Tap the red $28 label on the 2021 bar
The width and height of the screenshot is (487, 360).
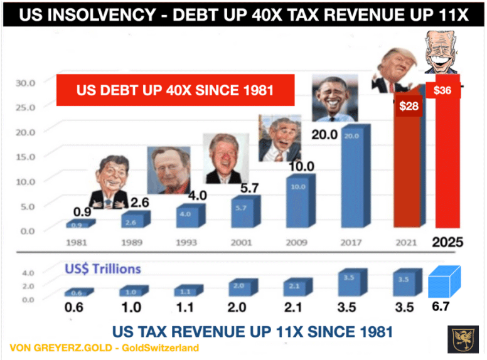tap(409, 106)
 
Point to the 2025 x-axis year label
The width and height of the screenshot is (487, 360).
tap(447, 243)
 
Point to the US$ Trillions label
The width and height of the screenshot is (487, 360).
tap(102, 269)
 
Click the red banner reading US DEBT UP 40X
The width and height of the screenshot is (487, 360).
tap(175, 90)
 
